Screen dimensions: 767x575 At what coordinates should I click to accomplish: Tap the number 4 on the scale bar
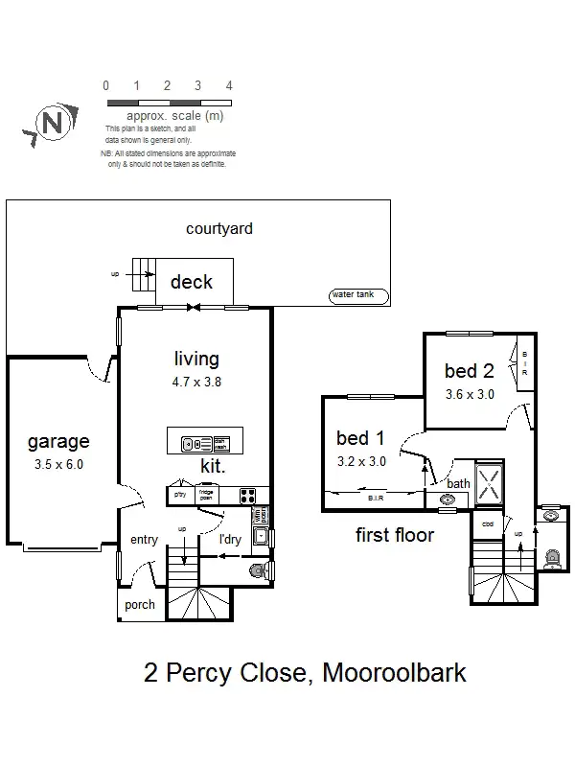[228, 85]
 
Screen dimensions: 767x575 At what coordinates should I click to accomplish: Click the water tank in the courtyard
[356, 296]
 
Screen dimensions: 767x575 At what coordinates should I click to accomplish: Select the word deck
[191, 283]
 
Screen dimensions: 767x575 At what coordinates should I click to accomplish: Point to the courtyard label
[219, 228]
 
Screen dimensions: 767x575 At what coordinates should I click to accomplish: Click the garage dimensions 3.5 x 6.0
[58, 464]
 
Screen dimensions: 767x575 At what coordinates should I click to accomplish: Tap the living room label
[196, 360]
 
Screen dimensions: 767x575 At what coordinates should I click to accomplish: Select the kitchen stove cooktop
[246, 496]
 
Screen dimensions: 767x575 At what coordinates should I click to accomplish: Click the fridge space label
[205, 495]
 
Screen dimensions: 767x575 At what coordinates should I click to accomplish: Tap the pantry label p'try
[179, 494]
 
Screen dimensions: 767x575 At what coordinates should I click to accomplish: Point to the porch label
[139, 605]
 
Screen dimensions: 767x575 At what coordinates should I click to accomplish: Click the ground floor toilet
[255, 571]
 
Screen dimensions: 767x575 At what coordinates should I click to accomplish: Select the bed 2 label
[468, 371]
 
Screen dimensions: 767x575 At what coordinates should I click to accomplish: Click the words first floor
[395, 535]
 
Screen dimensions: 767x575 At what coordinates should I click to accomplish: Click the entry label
[144, 540]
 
